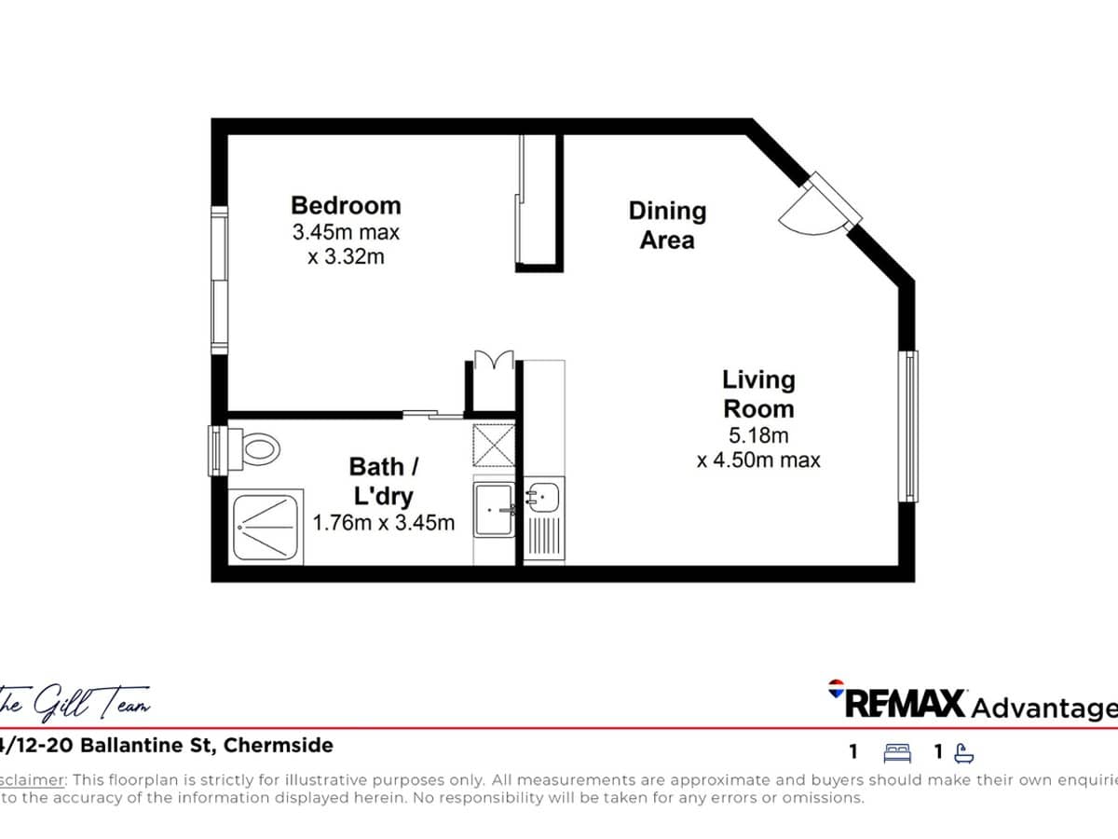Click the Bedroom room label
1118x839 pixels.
[346, 205]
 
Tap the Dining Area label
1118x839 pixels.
[667, 225]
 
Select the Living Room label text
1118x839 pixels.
[758, 393]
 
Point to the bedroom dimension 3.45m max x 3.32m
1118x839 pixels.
[346, 244]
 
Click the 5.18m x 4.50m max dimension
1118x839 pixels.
[758, 447]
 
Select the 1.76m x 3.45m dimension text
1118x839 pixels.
[384, 523]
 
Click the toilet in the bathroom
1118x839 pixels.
[256, 449]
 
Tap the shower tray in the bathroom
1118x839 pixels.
[263, 528]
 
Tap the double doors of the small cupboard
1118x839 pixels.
[491, 361]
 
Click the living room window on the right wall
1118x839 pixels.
[907, 425]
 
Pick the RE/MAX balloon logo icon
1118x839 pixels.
[836, 689]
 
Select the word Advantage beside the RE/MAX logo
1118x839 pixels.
[1043, 708]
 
